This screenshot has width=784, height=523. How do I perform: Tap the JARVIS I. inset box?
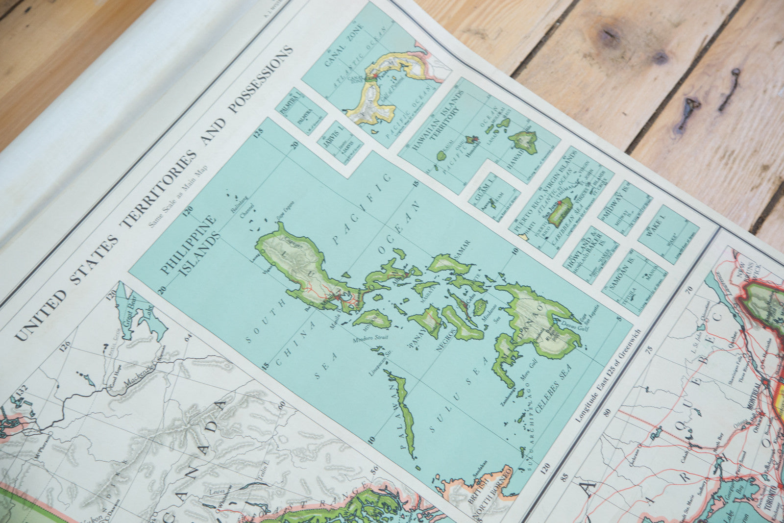[x=340, y=142]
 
